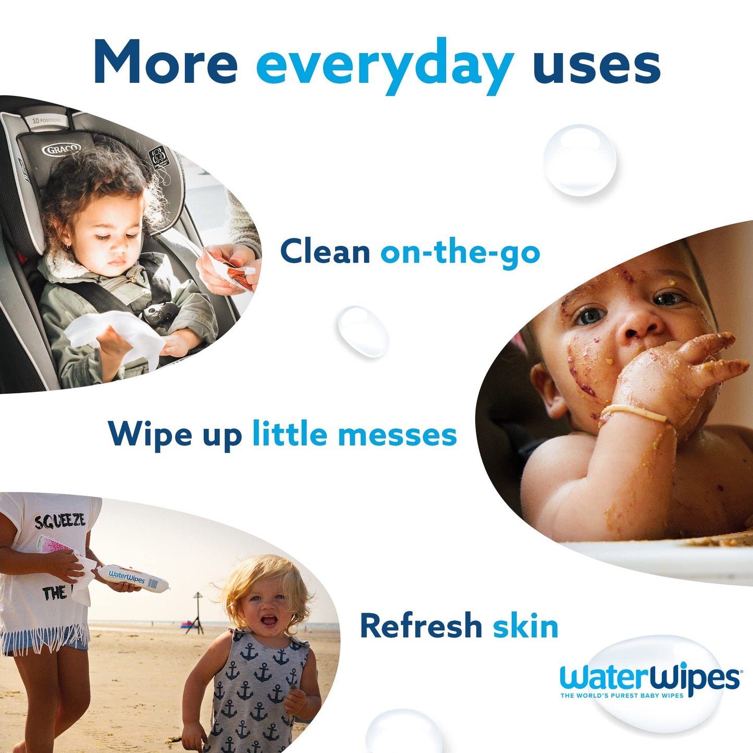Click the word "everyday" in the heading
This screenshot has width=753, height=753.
tap(385, 65)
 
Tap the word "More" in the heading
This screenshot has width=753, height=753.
tap(166, 63)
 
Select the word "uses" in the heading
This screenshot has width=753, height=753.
tap(597, 65)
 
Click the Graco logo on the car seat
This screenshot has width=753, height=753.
tap(61, 150)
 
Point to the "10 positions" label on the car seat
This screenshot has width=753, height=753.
tap(46, 120)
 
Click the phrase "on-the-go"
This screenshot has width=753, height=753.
tap(460, 252)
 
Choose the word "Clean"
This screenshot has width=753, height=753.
tap(325, 251)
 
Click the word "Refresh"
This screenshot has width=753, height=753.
tap(421, 625)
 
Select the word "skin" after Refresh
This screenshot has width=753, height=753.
tap(525, 625)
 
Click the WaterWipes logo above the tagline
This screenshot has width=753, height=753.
tap(649, 678)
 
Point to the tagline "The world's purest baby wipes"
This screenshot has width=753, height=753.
tap(621, 696)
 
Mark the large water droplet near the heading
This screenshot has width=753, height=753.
tap(579, 160)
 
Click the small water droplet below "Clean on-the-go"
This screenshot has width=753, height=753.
tap(363, 331)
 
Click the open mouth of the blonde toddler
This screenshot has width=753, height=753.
tap(268, 621)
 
